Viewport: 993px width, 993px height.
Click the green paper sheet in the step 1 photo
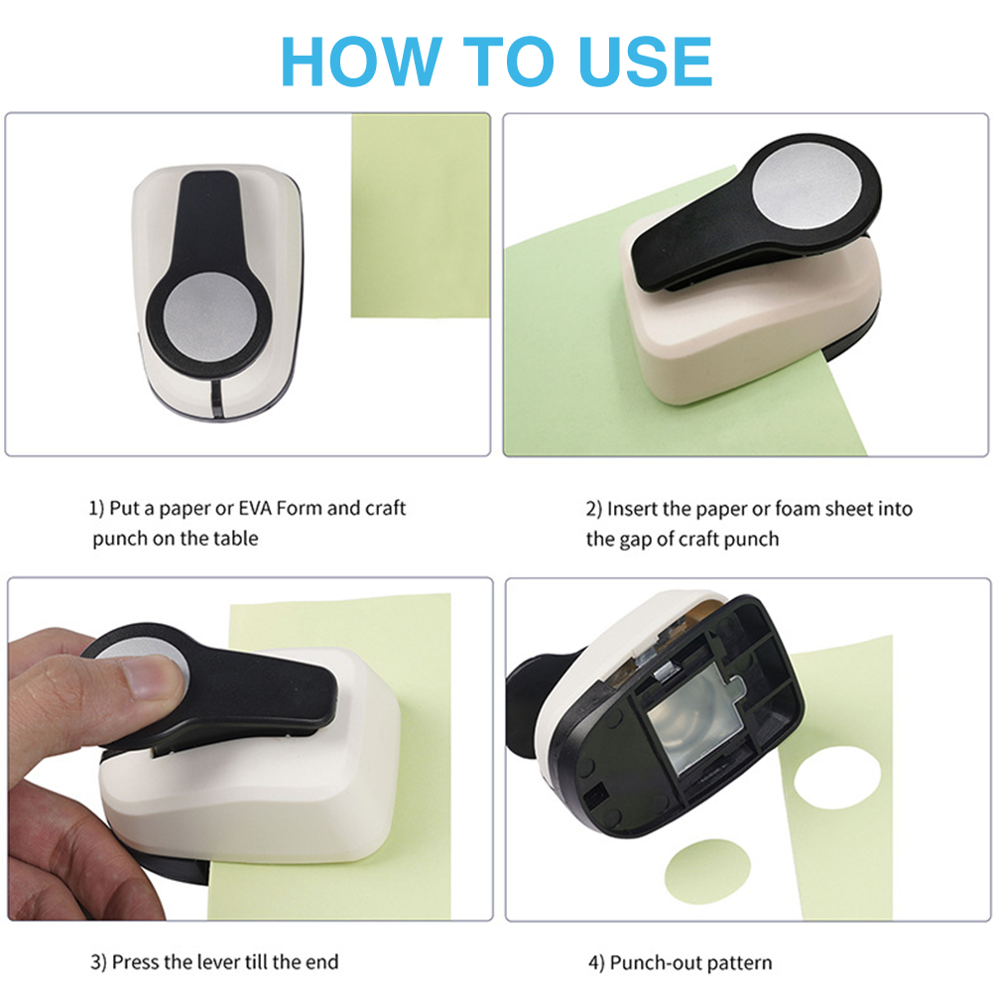(421, 216)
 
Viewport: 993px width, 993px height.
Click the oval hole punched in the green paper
(836, 777)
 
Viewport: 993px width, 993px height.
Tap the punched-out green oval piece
(707, 871)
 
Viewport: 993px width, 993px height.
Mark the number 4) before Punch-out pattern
(596, 963)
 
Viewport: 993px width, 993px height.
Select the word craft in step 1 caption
(385, 508)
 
